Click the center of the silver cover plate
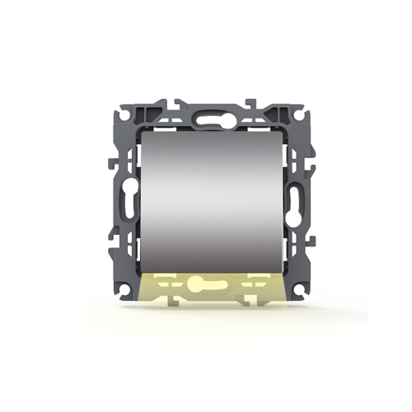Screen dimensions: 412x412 (206, 203)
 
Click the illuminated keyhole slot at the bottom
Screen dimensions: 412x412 (206, 287)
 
